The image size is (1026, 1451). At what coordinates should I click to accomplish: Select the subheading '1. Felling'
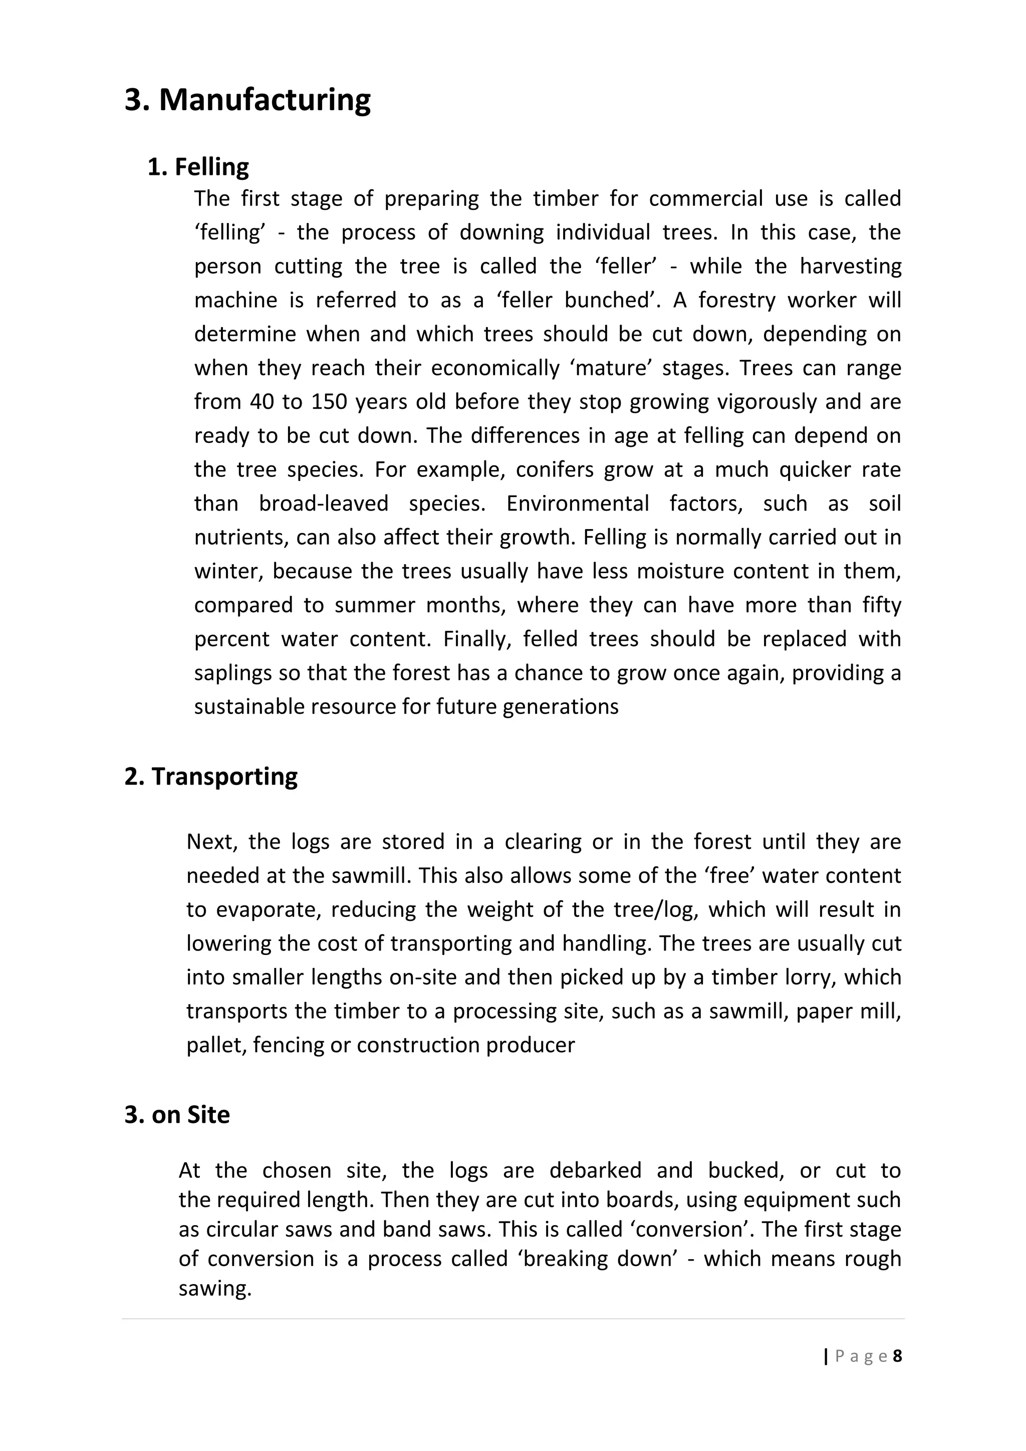coord(198,167)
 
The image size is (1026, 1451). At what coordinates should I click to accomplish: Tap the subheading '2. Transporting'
coord(210,777)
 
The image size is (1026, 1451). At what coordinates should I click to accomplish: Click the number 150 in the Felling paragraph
coord(328,402)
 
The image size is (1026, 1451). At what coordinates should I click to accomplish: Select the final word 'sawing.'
coord(215,1288)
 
